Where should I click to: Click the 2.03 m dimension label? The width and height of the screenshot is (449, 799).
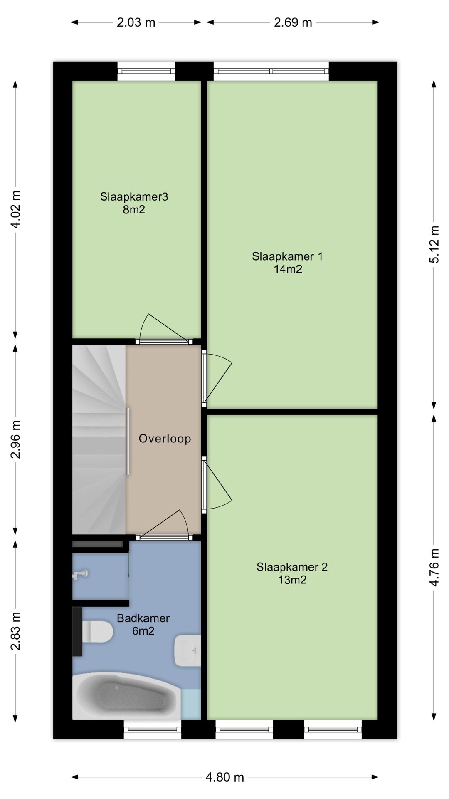click(136, 22)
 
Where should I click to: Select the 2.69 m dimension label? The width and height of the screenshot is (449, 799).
click(293, 22)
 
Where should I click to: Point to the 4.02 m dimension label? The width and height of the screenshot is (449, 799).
click(16, 209)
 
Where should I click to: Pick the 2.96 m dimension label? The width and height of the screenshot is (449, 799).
click(16, 439)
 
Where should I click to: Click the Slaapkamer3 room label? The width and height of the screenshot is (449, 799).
click(134, 196)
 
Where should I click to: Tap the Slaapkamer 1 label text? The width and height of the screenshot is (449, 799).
click(287, 256)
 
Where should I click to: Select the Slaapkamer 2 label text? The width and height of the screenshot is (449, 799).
click(292, 567)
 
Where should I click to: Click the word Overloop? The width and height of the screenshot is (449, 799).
click(165, 438)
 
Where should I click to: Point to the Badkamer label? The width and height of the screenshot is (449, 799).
click(143, 618)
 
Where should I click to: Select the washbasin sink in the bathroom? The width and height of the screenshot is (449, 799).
click(188, 650)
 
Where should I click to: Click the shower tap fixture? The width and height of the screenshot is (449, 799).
click(81, 575)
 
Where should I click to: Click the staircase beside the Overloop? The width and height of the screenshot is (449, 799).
click(99, 439)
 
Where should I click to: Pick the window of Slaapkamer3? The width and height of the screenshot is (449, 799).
click(146, 71)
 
